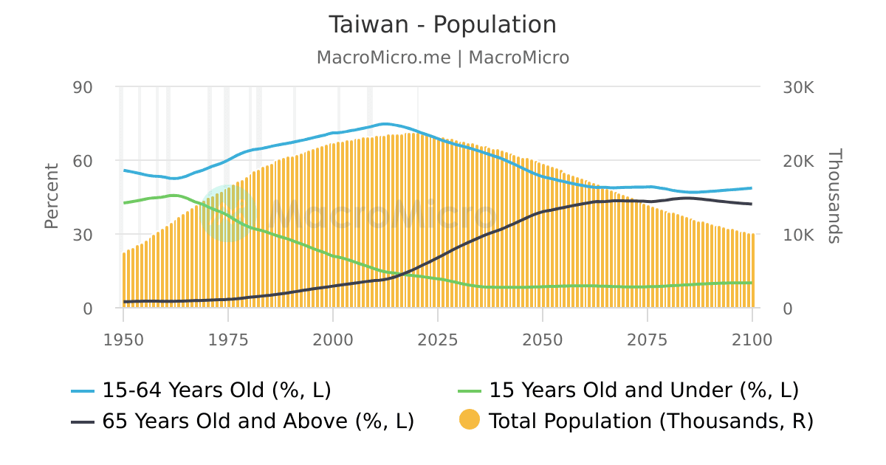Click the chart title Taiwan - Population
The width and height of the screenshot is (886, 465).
(x=442, y=25)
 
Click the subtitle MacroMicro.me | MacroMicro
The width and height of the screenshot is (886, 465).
(x=442, y=58)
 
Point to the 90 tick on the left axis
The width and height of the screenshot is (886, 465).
(x=83, y=87)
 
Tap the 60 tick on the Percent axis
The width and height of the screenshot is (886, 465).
(x=83, y=161)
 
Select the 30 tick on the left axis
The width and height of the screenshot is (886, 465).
(x=83, y=235)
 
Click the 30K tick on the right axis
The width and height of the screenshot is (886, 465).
(x=798, y=87)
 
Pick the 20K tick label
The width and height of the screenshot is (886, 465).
(x=798, y=161)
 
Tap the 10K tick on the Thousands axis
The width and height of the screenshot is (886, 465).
(x=798, y=235)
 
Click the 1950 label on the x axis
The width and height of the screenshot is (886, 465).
(x=123, y=340)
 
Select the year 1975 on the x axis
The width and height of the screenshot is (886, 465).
(x=228, y=340)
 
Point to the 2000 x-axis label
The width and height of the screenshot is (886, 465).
(x=333, y=340)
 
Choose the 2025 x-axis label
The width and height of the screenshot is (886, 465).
(x=438, y=340)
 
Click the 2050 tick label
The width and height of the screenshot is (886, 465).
(x=543, y=340)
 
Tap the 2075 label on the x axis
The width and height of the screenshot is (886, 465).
(x=648, y=340)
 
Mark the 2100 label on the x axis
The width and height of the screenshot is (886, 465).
(x=752, y=340)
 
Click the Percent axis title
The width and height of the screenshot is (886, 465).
(x=51, y=196)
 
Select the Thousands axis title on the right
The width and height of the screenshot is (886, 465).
(x=834, y=196)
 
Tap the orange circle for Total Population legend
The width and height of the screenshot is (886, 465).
(x=469, y=420)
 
